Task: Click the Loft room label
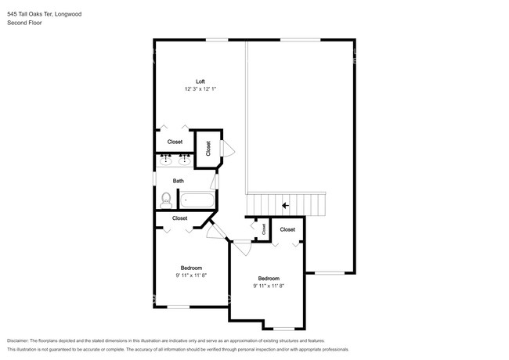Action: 200,82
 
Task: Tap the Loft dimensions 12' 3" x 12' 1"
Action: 200,89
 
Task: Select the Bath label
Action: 179,181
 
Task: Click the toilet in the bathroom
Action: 165,200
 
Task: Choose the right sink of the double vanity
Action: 186,161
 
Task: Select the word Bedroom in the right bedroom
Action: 269,279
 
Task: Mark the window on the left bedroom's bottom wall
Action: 179,307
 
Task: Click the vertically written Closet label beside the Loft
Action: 209,148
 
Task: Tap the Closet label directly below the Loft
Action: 175,142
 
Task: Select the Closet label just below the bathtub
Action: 179,218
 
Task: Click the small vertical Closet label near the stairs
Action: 264,229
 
